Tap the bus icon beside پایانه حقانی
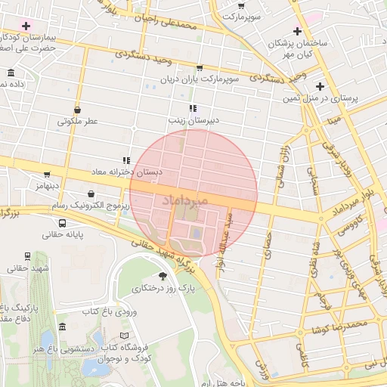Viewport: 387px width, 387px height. pos(61,223)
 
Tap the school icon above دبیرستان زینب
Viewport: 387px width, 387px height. pos(193,108)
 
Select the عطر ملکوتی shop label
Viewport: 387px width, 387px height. pos(79,121)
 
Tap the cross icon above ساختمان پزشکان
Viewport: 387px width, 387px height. pos(298,32)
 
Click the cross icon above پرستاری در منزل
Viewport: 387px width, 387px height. pos(320,86)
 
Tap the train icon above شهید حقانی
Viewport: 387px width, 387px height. pos(28,256)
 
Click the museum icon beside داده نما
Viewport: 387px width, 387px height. pos(11,73)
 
